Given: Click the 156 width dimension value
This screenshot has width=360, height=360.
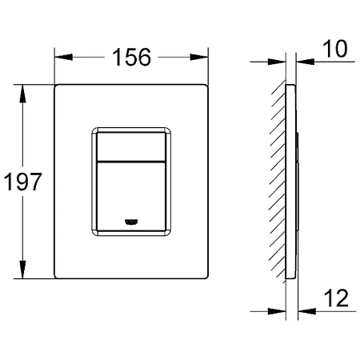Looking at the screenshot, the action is [x=131, y=57].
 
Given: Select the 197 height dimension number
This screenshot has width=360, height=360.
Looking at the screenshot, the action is [x=23, y=182].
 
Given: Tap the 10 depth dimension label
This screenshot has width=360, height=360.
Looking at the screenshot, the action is [x=335, y=49].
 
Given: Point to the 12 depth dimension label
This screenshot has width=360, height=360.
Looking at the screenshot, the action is [x=336, y=298].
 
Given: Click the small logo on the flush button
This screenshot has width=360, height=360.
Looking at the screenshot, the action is [x=131, y=222].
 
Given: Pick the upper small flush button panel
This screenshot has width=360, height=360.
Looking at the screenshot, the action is [x=131, y=146].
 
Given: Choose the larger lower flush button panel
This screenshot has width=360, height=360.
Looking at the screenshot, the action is [x=131, y=197].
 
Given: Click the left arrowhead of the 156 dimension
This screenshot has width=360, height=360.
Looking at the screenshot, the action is [x=63, y=57].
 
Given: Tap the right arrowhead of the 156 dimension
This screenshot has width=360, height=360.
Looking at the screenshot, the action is [x=199, y=57].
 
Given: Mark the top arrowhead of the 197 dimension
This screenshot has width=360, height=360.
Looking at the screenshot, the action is [x=22, y=94].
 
